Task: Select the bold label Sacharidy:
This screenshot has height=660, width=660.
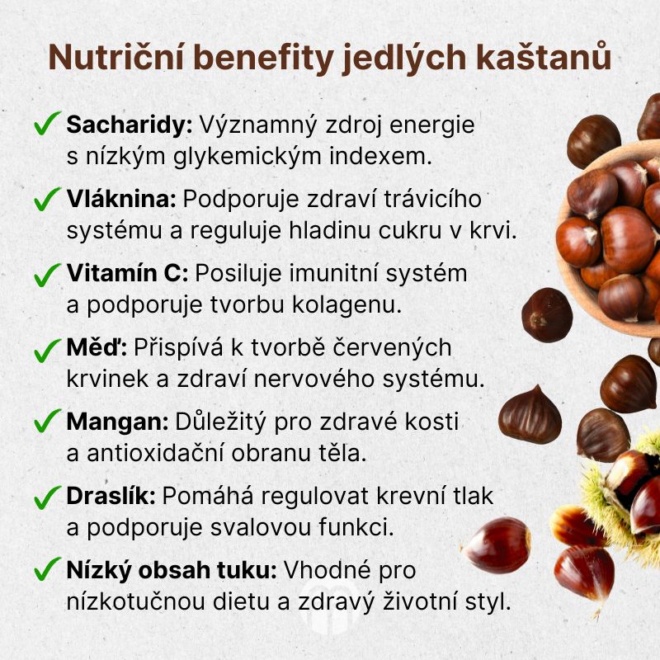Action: [x=129, y=126]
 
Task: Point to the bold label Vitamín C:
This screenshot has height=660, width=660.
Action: [x=128, y=272]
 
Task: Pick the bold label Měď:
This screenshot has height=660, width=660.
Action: [x=96, y=346]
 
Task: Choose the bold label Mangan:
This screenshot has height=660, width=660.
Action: [x=116, y=421]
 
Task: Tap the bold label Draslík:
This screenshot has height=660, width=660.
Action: [x=112, y=495]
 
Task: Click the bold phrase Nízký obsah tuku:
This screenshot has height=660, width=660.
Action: [x=173, y=569]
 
